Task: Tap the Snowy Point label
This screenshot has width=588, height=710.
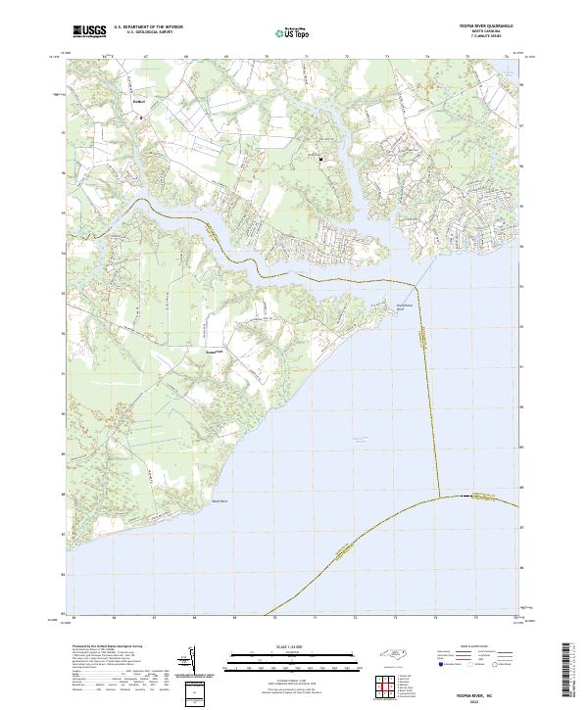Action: pyautogui.click(x=215, y=350)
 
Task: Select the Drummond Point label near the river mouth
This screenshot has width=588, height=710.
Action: pyautogui.click(x=406, y=306)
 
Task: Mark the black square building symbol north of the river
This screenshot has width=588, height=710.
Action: pyautogui.click(x=319, y=157)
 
